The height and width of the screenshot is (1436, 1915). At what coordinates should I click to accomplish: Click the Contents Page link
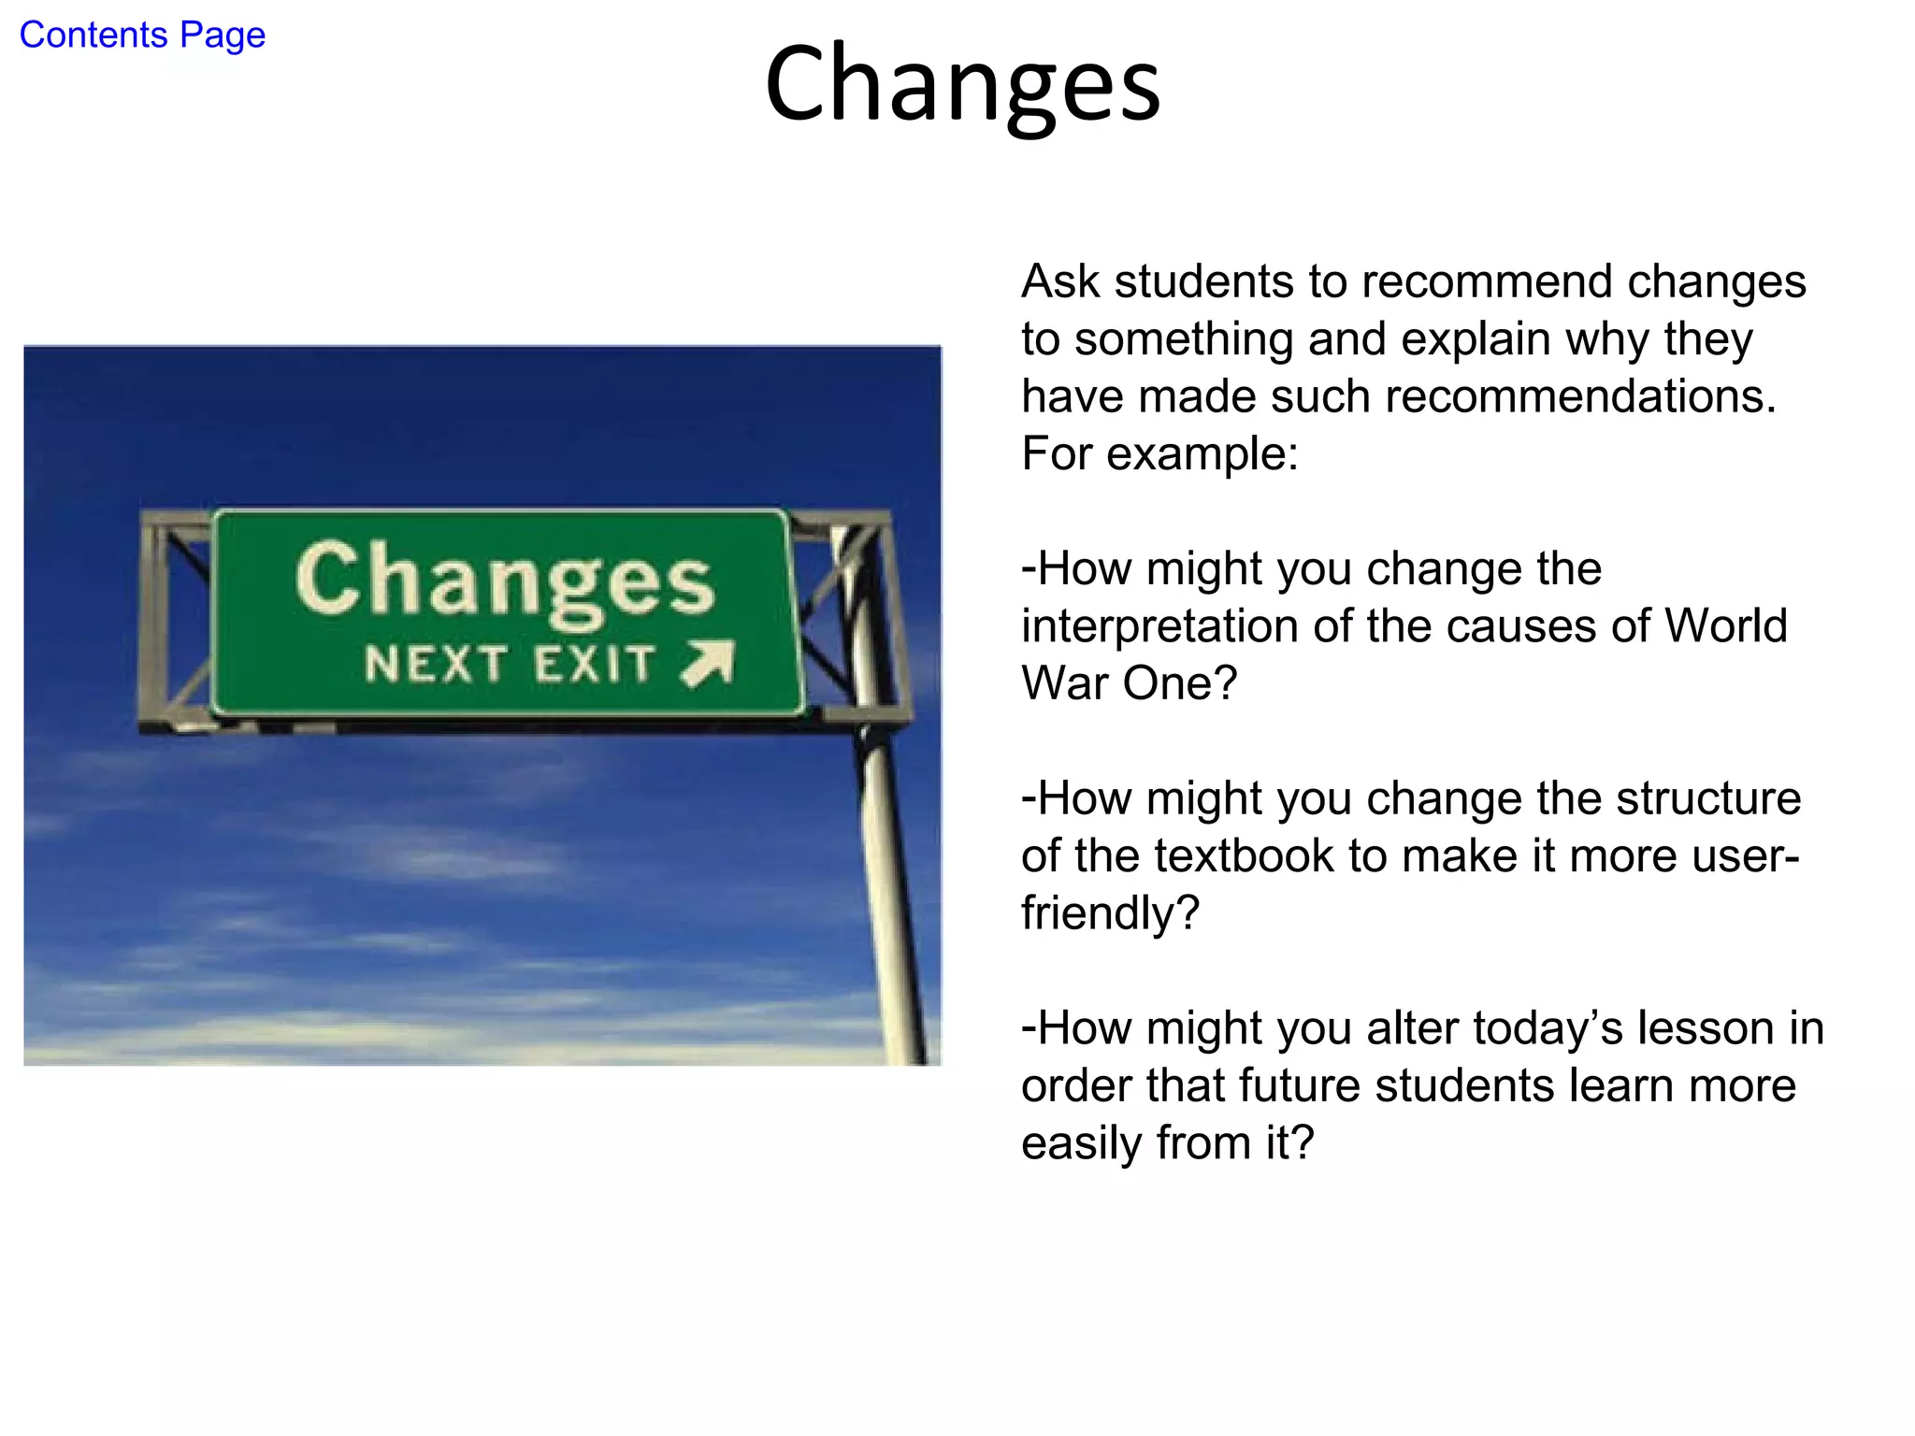142,36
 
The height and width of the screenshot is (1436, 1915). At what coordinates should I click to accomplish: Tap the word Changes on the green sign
506,582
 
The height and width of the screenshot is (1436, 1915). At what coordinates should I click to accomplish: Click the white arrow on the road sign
709,664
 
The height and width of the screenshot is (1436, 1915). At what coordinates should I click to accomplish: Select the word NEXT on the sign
436,665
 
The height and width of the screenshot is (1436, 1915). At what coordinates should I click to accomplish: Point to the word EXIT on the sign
595,665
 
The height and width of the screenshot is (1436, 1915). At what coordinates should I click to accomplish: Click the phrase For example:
1159,453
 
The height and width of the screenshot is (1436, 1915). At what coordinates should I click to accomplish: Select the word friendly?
1110,913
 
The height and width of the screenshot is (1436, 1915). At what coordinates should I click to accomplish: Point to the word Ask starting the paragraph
1060,281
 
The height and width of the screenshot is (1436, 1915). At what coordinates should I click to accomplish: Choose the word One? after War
1179,683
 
